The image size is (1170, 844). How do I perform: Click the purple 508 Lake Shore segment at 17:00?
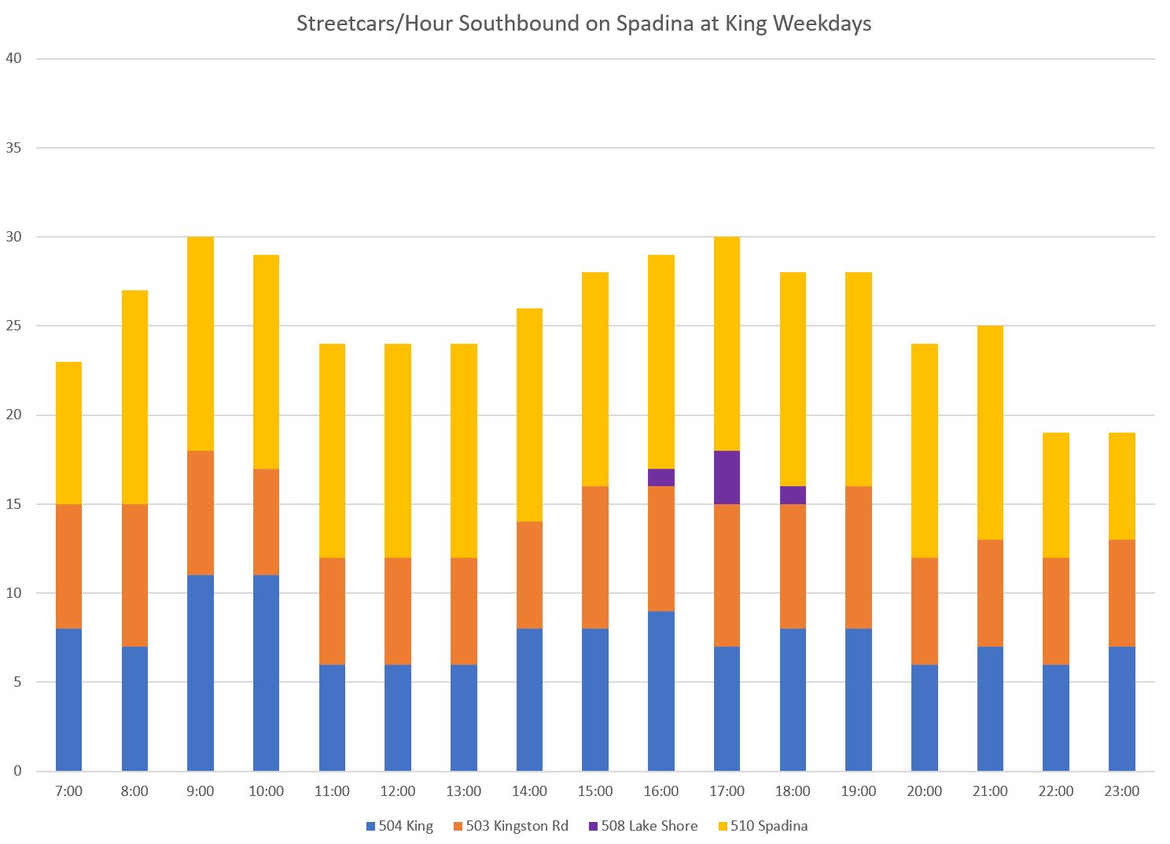pyautogui.click(x=727, y=477)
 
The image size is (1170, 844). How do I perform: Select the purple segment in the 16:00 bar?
pyautogui.click(x=661, y=477)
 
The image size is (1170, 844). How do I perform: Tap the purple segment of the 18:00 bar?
pyautogui.click(x=793, y=495)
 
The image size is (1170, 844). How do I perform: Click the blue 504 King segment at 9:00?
pyautogui.click(x=201, y=673)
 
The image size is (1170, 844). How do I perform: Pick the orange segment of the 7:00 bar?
pyautogui.click(x=69, y=566)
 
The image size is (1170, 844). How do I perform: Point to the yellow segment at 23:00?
pyautogui.click(x=1121, y=486)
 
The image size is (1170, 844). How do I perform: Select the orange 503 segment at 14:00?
pyautogui.click(x=529, y=575)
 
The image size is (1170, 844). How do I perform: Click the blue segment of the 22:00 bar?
pyautogui.click(x=1055, y=717)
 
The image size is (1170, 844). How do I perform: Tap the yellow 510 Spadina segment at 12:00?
pyautogui.click(x=398, y=451)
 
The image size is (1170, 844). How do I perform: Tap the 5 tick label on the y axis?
pyautogui.click(x=17, y=682)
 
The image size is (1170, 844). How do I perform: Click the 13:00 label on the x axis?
pyautogui.click(x=464, y=791)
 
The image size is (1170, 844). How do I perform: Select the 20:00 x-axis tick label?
pyautogui.click(x=924, y=791)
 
